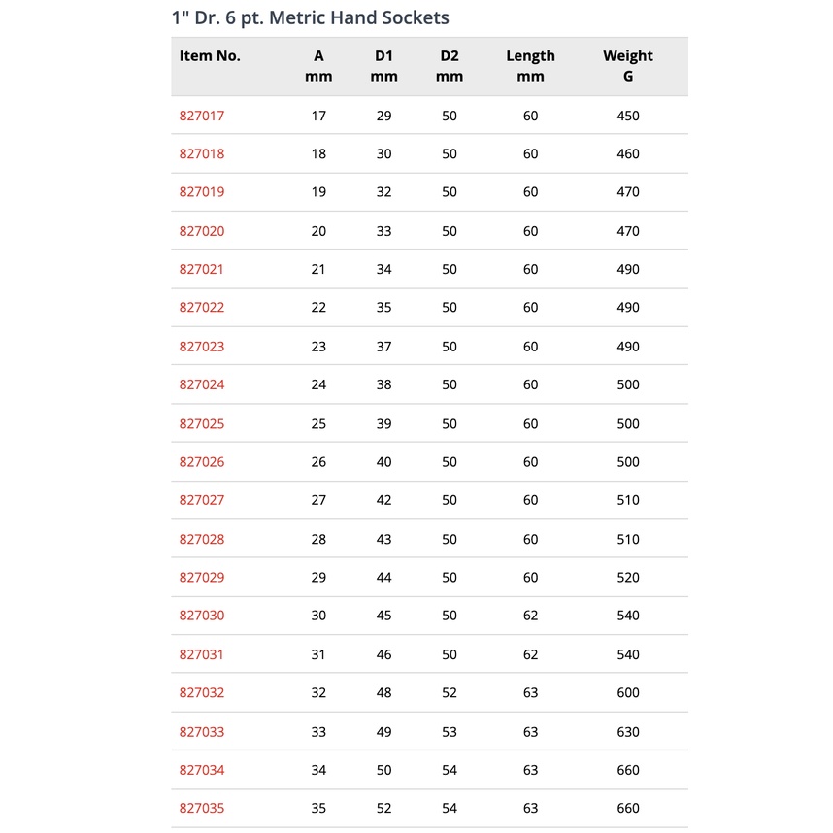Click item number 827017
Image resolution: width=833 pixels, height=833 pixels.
coord(201,116)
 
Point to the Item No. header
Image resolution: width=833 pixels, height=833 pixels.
coord(210,56)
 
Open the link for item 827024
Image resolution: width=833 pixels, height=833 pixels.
coord(201,384)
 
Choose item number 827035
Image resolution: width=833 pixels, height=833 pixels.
coord(201,808)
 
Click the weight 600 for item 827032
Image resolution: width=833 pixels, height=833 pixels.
coord(628,692)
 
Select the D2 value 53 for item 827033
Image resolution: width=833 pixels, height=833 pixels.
coord(450,731)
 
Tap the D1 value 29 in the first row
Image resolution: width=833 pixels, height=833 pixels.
coord(383,116)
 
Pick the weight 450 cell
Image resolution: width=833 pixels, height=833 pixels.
coord(628,116)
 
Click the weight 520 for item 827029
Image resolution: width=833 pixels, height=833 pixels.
coord(628,577)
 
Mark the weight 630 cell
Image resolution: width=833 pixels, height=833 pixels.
coord(628,731)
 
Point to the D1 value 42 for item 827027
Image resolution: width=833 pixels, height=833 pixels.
coord(383,500)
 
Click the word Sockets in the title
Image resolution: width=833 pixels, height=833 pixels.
coord(412,17)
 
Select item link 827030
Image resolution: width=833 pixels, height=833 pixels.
coord(201,616)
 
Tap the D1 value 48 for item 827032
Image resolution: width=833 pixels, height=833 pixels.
coord(383,692)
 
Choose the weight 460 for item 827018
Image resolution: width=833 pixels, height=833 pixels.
coord(628,153)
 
